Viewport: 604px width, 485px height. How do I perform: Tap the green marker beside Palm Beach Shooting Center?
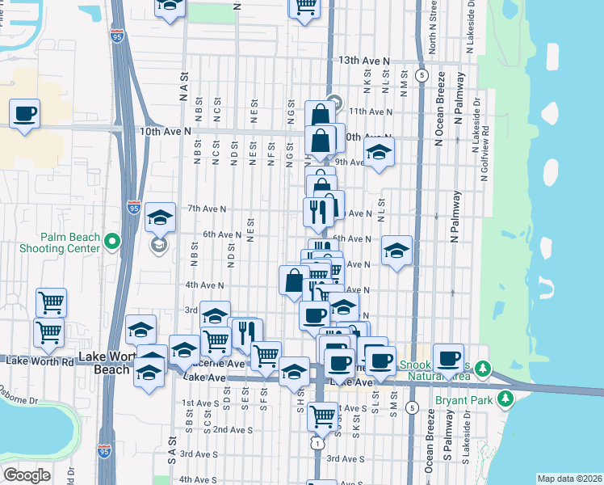coord(111,242)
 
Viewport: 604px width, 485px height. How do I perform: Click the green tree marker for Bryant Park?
coord(505,398)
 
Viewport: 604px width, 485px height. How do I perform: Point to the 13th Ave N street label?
coord(364,61)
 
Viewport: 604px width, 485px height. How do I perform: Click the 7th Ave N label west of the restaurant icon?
coord(206,209)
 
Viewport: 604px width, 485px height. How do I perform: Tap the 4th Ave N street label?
coord(204,285)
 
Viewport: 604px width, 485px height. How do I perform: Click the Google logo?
coord(27,475)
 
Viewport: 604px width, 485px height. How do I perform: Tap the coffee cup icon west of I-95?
coord(24,113)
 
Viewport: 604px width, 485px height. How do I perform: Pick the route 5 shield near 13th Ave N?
coord(422,74)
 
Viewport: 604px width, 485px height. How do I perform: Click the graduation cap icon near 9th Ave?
coord(378,152)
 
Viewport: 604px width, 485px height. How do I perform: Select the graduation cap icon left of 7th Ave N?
coord(160,217)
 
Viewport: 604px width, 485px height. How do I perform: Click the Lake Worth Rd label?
coord(40,361)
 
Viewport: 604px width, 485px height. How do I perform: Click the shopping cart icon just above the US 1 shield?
coord(322,415)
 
